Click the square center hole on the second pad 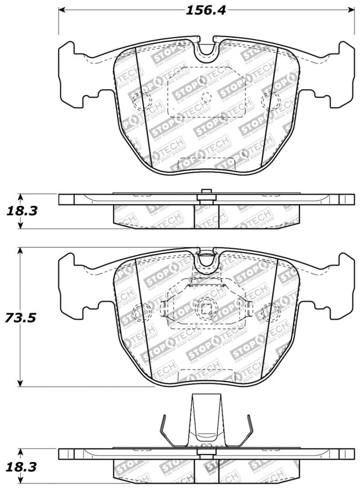pyautogui.click(x=206, y=309)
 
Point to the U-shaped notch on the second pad pyautogui.click(x=207, y=259)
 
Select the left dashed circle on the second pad pyautogui.click(x=141, y=313)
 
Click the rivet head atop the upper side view pyautogui.click(x=206, y=193)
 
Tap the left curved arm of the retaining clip pyautogui.click(x=165, y=428)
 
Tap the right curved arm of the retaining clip pyautogui.click(x=248, y=428)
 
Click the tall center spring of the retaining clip pyautogui.click(x=206, y=419)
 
